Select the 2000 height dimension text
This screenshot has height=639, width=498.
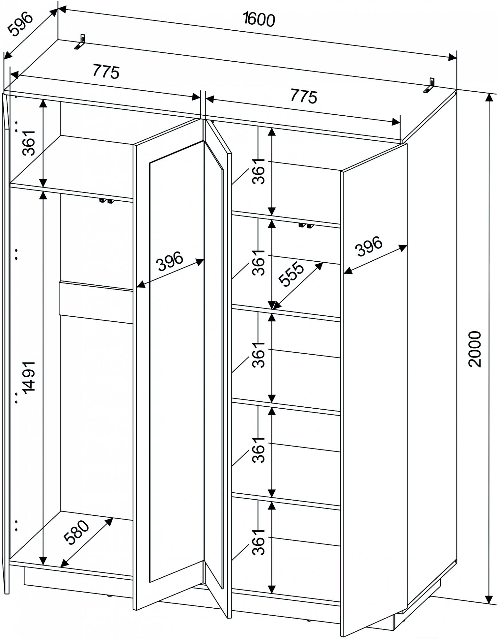point(474,349)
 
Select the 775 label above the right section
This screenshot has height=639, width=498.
point(304,96)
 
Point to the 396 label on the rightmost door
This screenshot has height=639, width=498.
point(369,246)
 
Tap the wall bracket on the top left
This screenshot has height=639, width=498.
point(81,42)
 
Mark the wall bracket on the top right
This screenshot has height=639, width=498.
point(430,86)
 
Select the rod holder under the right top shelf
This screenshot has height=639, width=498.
point(306,226)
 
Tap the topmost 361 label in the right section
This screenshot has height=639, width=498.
point(258,171)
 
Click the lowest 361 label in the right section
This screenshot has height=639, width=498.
point(258,542)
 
